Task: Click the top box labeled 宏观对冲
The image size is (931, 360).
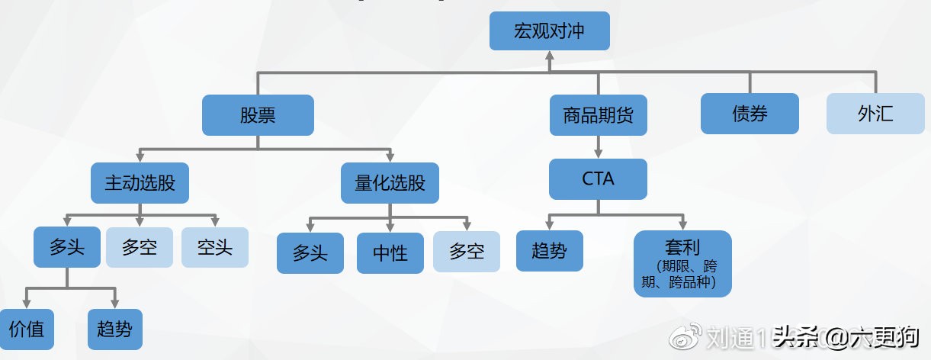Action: (x=549, y=31)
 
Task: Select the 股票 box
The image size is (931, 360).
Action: (x=258, y=115)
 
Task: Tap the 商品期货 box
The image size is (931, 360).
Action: (x=599, y=115)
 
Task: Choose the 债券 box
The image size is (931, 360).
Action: (x=750, y=114)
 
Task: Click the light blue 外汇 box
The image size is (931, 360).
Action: (x=875, y=114)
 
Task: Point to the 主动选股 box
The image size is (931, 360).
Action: (x=140, y=183)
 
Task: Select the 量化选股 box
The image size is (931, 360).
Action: (x=390, y=183)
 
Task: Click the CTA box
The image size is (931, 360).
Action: (x=599, y=179)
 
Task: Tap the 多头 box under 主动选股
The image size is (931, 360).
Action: (x=67, y=247)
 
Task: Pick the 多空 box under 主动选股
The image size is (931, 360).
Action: (x=139, y=247)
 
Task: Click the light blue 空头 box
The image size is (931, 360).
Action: (x=214, y=247)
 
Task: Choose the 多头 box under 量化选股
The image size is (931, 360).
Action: (x=310, y=252)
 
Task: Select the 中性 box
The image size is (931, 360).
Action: (x=390, y=252)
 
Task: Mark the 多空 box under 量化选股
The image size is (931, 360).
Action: (x=467, y=252)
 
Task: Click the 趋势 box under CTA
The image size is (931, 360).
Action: (x=549, y=250)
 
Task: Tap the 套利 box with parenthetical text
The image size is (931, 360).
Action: (x=682, y=263)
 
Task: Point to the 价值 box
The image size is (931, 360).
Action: (x=26, y=329)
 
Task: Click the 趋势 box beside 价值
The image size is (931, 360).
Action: (x=114, y=329)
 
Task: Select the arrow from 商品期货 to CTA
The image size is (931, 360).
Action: (x=599, y=146)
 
